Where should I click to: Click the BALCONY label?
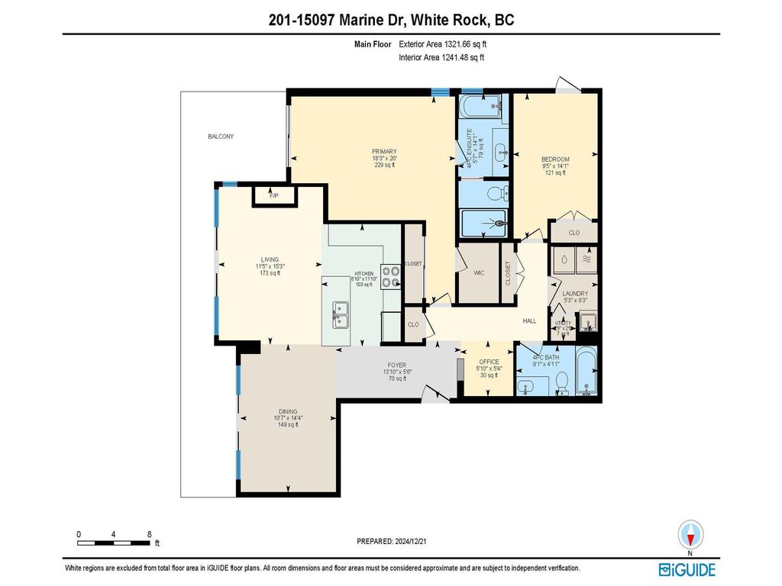(x=221, y=137)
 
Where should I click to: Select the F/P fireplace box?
(x=273, y=196)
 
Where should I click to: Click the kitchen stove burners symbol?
(x=390, y=276)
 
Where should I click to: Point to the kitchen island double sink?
(x=340, y=311)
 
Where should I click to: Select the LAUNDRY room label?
(x=575, y=294)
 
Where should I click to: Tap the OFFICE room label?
(x=489, y=362)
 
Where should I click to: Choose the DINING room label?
(x=288, y=411)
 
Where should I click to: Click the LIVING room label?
(x=270, y=259)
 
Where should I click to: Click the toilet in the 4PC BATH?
(x=561, y=381)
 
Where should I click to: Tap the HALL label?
(x=529, y=321)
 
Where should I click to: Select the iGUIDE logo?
(x=687, y=569)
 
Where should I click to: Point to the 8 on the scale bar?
(x=149, y=534)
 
